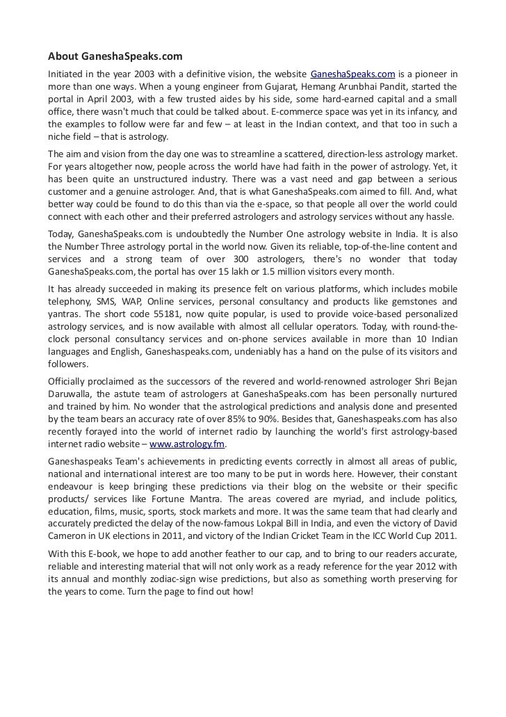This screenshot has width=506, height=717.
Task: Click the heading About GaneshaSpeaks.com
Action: (115, 56)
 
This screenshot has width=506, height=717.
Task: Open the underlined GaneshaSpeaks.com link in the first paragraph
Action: (352, 74)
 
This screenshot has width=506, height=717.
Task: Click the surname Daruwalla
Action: (72, 394)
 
